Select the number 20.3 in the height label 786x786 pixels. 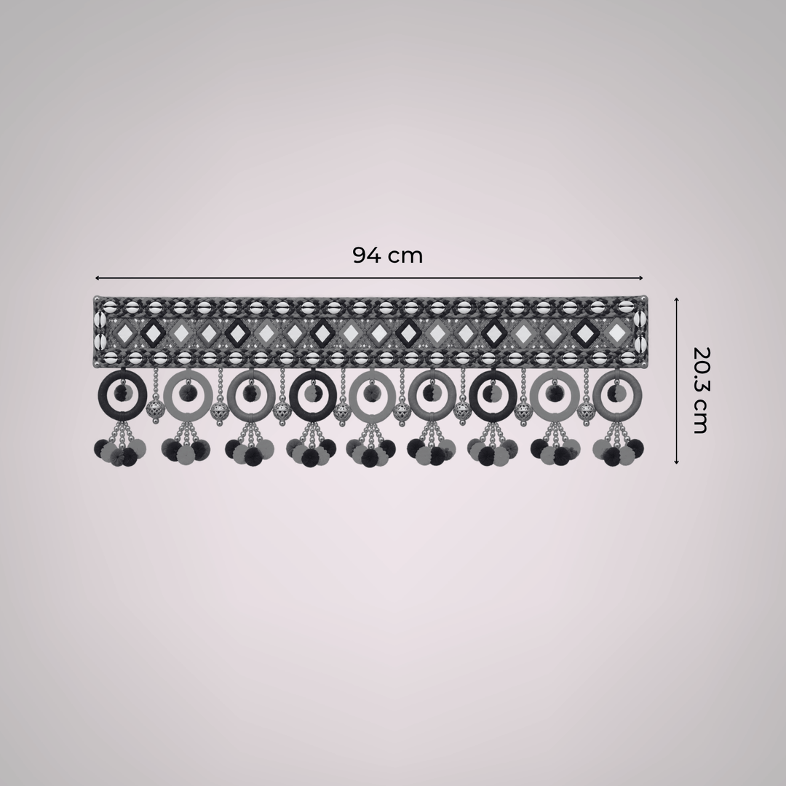pos(700,367)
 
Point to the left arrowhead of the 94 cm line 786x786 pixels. pos(98,278)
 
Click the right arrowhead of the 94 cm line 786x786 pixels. pos(640,278)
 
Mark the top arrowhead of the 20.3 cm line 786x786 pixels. pos(676,300)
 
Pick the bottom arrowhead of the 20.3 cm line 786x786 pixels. pos(676,461)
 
